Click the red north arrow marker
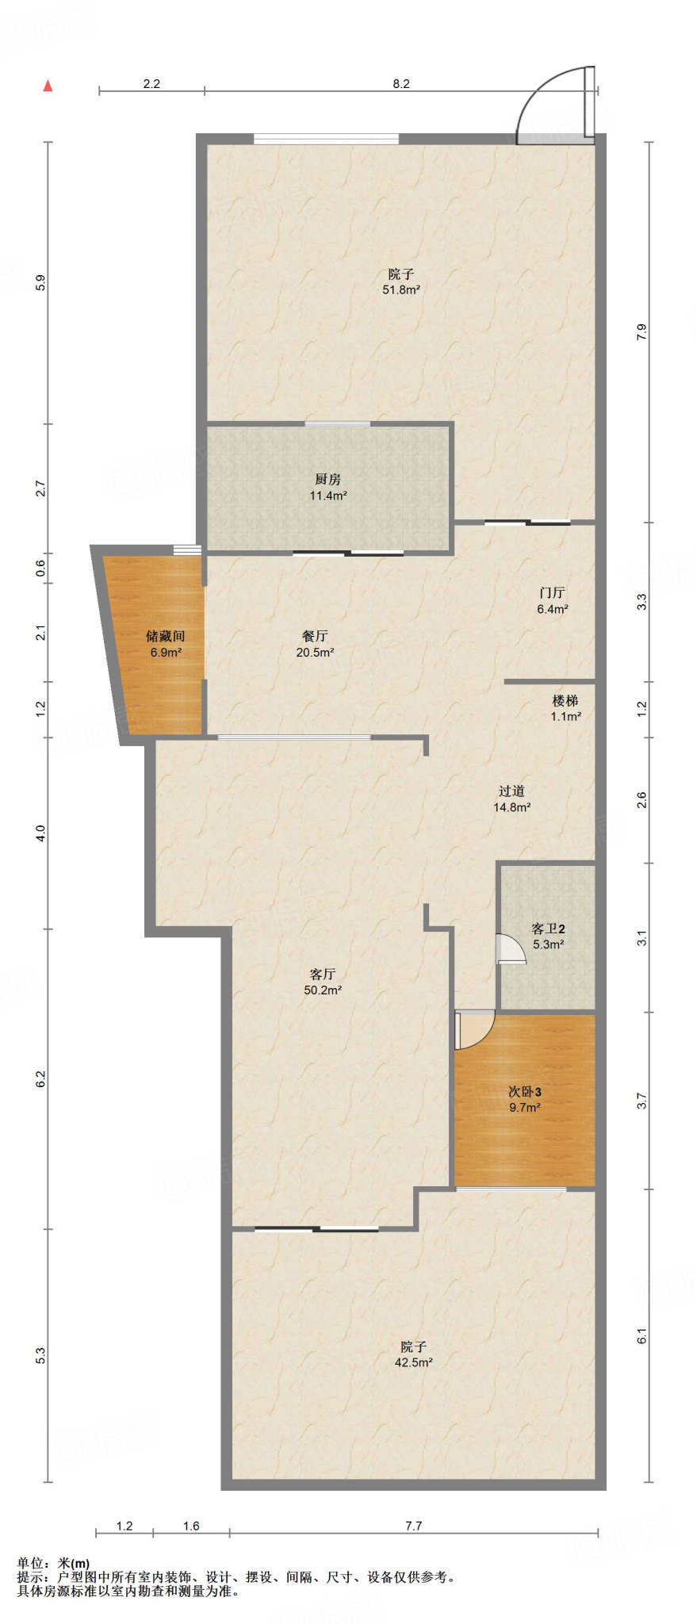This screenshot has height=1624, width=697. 48,86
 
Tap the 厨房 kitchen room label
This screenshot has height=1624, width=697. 327,479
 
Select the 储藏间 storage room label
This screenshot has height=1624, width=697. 166,636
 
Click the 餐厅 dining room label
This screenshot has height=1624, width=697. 315,636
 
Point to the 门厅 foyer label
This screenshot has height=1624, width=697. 552,592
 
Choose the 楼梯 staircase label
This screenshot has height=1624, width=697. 565,700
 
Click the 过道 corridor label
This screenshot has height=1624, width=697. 511,791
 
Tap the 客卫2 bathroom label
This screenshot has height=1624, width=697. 548,929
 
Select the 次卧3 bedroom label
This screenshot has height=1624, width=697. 524,1092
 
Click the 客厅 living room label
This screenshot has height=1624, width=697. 323,974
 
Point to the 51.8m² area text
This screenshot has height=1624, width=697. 401,290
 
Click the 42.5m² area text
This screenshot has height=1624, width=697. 414,1363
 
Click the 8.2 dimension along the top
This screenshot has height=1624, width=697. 401,84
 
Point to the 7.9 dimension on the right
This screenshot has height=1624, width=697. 641,332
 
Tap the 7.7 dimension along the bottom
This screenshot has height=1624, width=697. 414,1526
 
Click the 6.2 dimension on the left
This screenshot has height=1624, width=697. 40,1078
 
